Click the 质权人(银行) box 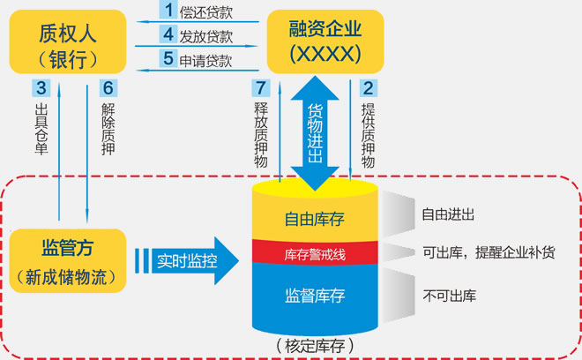point(67,43)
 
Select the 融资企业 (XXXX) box point(325,41)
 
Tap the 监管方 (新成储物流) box point(67,260)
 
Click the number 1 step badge point(168,11)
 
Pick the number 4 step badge point(168,35)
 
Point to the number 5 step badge point(168,59)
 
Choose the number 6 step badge point(108,88)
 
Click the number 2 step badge point(367,88)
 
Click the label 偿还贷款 point(206,12)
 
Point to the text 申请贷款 point(206,60)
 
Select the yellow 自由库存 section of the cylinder point(315,218)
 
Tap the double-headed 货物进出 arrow point(315,132)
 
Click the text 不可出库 point(449,295)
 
